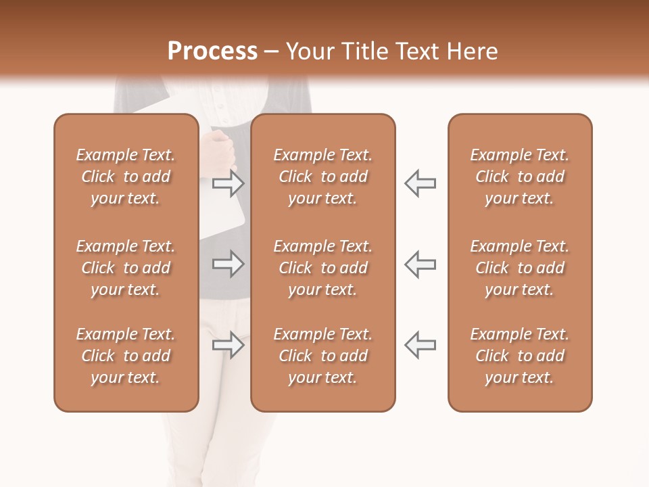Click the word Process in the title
tap(212, 51)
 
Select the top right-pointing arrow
tap(228, 183)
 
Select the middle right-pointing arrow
tap(228, 264)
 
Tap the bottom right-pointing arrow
tap(228, 345)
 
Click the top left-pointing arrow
tap(420, 183)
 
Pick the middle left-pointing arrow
tap(420, 264)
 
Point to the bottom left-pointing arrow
tap(420, 345)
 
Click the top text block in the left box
tap(126, 177)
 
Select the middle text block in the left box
tap(126, 268)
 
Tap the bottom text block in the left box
tap(126, 356)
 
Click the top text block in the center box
tap(322, 177)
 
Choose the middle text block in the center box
tap(322, 268)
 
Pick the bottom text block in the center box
tap(322, 356)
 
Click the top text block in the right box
tap(519, 177)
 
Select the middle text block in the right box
tap(519, 268)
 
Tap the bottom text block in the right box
tap(519, 356)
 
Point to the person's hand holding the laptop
tap(221, 145)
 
